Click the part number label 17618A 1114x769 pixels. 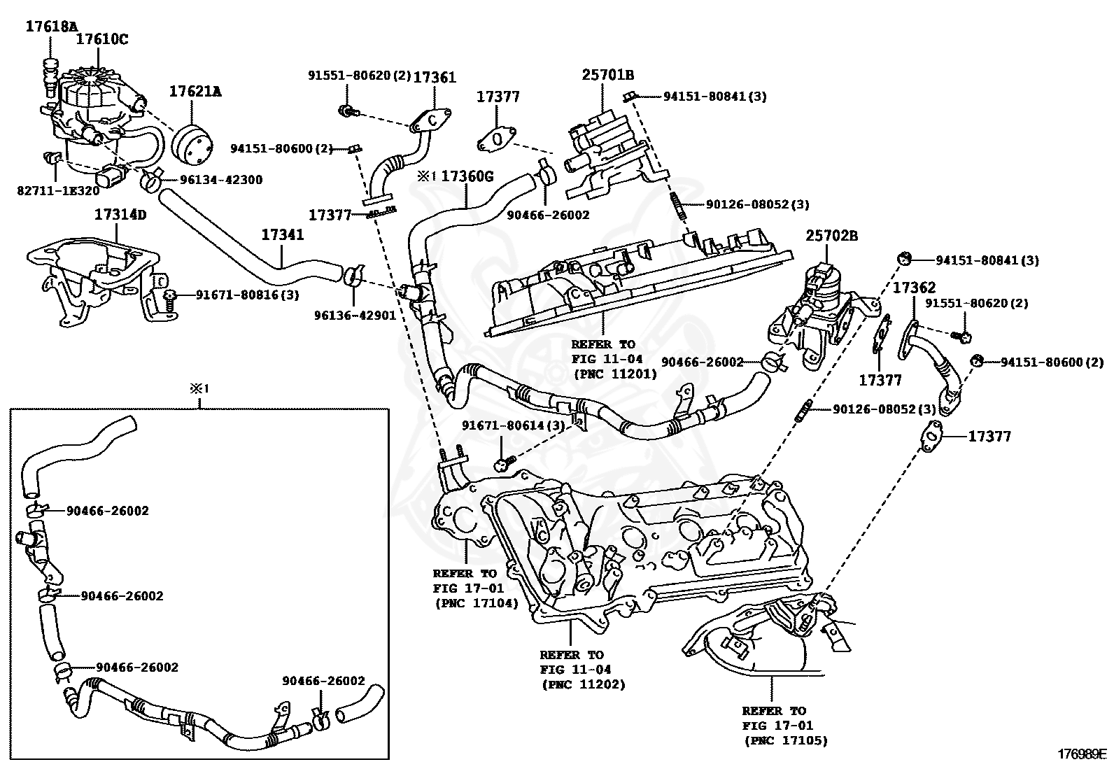(52, 27)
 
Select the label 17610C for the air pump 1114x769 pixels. (102, 39)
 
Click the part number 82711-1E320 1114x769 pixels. (59, 190)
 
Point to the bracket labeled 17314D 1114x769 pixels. (120, 214)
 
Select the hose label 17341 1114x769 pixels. (283, 235)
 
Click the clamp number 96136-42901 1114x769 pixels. (355, 315)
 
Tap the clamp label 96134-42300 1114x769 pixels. (221, 180)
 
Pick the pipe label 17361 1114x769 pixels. (435, 78)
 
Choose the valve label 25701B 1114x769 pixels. (608, 75)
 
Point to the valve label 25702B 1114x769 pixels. (831, 236)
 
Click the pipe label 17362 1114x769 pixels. (914, 288)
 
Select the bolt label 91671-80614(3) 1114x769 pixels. (513, 425)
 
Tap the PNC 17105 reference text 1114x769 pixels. (785, 740)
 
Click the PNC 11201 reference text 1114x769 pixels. (615, 374)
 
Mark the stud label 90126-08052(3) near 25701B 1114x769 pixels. (757, 204)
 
